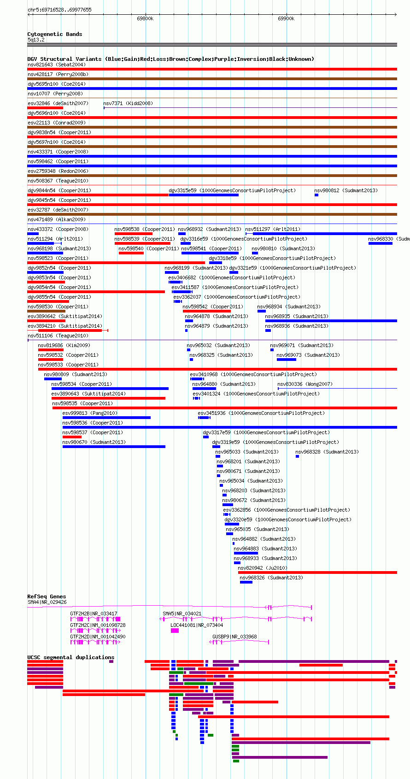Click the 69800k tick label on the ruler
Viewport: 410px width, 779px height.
(145, 19)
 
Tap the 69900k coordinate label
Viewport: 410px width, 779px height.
(286, 19)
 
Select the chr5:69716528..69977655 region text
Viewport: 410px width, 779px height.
(60, 10)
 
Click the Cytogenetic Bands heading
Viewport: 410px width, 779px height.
(55, 34)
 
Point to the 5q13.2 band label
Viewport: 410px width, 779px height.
(36, 40)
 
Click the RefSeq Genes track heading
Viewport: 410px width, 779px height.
(47, 596)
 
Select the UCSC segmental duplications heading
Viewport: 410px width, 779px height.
(71, 657)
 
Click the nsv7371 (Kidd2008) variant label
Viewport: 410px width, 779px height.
(128, 103)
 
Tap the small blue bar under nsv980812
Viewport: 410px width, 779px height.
(316, 195)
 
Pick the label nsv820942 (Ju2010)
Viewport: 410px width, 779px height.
(263, 568)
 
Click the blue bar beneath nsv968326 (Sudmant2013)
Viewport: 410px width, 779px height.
(246, 582)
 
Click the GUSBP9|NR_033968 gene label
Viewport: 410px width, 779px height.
(234, 637)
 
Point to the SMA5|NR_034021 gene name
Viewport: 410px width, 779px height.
(182, 614)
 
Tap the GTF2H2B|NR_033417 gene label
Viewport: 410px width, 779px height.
(94, 614)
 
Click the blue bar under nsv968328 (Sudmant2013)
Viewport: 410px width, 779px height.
(298, 456)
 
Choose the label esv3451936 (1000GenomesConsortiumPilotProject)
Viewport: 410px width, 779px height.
(261, 413)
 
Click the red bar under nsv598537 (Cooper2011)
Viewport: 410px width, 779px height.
(72, 437)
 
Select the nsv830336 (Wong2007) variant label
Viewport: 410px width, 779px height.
(305, 384)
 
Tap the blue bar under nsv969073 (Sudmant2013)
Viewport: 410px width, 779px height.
(287, 359)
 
